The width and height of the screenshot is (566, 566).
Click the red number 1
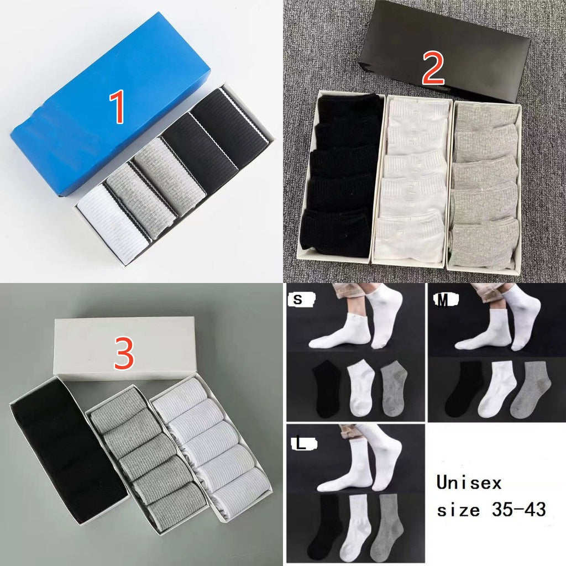(x=117, y=107)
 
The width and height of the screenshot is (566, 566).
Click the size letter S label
(x=298, y=300)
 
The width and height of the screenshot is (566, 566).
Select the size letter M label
(x=443, y=300)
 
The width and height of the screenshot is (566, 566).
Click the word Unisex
(x=469, y=483)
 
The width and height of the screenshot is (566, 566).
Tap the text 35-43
(x=518, y=510)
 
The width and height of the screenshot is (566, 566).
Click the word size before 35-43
(x=458, y=510)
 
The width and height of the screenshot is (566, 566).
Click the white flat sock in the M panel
(x=494, y=389)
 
